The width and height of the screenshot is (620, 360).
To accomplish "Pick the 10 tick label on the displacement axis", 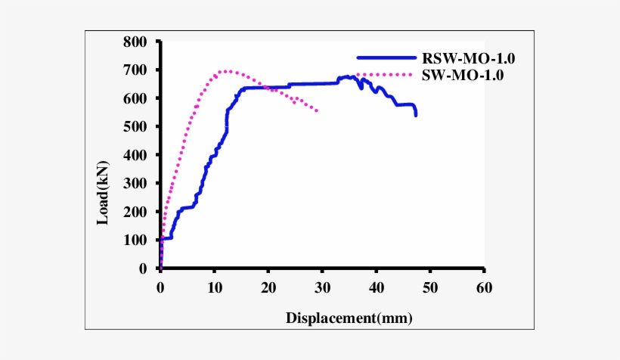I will (214, 287).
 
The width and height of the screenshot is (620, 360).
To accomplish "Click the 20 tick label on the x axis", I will (268, 287).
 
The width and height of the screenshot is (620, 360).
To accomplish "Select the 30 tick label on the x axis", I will (322, 287).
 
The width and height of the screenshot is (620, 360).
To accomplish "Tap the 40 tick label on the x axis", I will (376, 287).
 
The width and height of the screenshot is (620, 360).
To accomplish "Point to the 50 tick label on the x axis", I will (430, 287).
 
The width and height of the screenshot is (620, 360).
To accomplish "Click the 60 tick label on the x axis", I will (484, 287).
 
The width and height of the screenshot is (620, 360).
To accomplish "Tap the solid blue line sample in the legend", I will (386, 57).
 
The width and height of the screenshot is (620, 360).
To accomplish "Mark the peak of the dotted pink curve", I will (225, 72).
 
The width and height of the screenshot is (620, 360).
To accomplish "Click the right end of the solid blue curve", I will (415, 115).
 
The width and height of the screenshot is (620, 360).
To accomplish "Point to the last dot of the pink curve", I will (316, 111).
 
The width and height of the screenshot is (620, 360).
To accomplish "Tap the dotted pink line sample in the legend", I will (386, 74).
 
